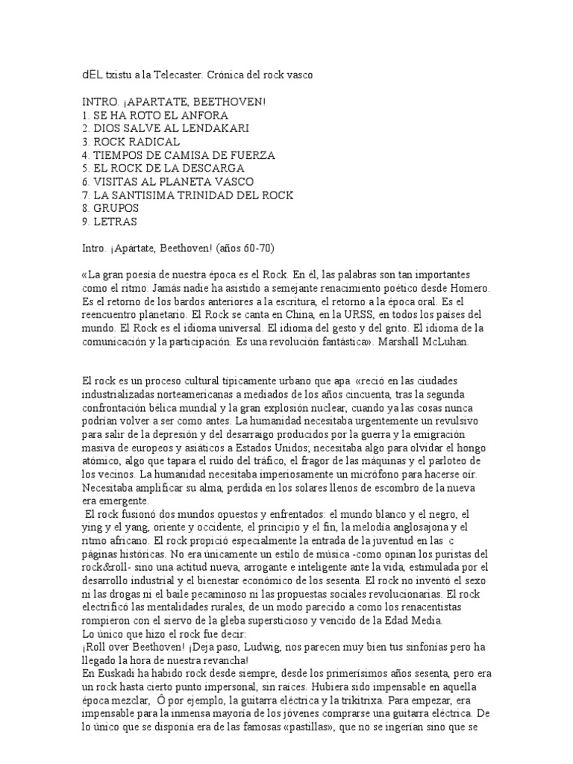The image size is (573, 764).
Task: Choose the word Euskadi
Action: click(x=114, y=674)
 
